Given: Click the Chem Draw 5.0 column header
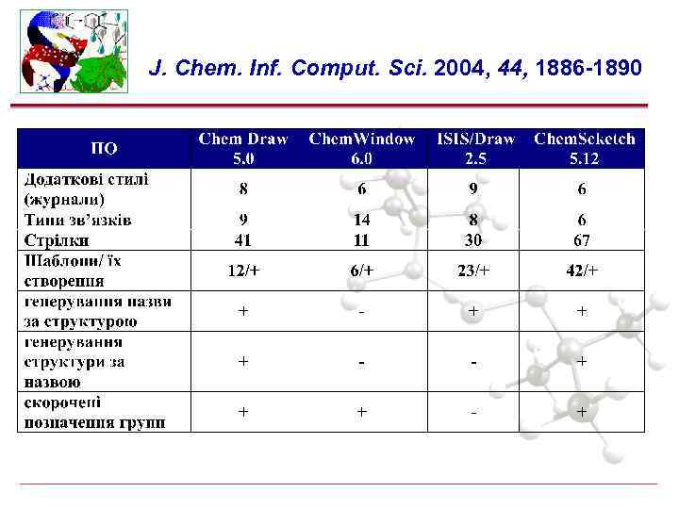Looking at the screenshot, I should pyautogui.click(x=243, y=148).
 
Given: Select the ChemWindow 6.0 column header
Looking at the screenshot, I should pyautogui.click(x=362, y=148).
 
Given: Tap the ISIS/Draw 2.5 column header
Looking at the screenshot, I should pyautogui.click(x=475, y=148).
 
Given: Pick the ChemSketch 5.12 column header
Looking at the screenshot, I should pyautogui.click(x=585, y=148).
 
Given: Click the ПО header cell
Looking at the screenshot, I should pyautogui.click(x=104, y=148).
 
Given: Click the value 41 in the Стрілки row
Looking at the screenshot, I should pyautogui.click(x=243, y=239).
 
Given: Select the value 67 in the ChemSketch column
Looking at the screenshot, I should pyautogui.click(x=582, y=239).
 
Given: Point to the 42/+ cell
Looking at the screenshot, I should pyautogui.click(x=582, y=271).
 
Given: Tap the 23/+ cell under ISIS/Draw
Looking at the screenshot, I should pyautogui.click(x=474, y=271).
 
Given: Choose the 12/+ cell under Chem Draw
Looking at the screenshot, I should pyautogui.click(x=243, y=271).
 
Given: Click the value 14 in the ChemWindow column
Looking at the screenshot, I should pyautogui.click(x=362, y=220).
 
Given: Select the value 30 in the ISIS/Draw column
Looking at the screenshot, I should pyautogui.click(x=474, y=239).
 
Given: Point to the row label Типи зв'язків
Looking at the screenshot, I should pyautogui.click(x=77, y=220).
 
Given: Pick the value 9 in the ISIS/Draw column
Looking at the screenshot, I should pyautogui.click(x=474, y=189).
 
